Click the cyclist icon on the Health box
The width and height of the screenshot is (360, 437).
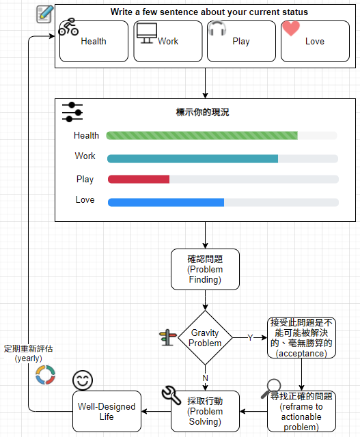tap(68, 27)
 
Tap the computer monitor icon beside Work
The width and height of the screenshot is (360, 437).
tap(147, 33)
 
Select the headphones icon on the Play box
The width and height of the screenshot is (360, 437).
tap(217, 28)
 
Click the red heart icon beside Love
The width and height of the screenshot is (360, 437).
tap(291, 29)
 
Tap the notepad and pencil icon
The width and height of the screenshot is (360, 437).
tap(44, 14)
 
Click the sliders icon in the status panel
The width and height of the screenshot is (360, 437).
tap(72, 112)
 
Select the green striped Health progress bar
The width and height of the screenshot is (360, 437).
tap(202, 135)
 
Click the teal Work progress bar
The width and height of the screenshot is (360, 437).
tap(193, 158)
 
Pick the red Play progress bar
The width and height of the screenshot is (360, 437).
tap(139, 179)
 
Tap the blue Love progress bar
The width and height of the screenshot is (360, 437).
tap(166, 202)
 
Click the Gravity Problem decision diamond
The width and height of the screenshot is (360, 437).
tap(205, 338)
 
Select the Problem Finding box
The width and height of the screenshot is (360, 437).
tap(205, 269)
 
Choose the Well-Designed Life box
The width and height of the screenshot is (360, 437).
tap(107, 411)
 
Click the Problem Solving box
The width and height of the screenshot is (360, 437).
tap(205, 411)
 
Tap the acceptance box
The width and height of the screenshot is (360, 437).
tap(301, 337)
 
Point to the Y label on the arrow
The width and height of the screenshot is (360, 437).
tap(250, 338)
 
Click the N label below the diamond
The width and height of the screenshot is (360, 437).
tap(205, 378)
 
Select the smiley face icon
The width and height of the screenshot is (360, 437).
tap(83, 380)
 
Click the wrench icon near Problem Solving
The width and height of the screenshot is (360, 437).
tap(171, 395)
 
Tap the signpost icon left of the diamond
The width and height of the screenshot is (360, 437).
tap(168, 337)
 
